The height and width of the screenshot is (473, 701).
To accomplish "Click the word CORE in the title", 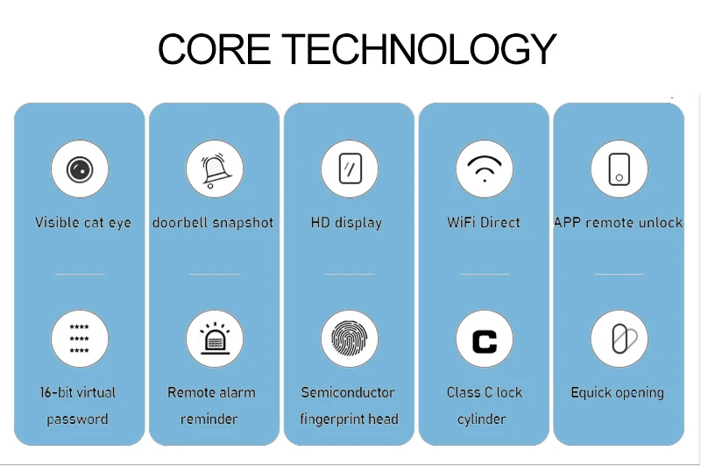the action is (x=214, y=49).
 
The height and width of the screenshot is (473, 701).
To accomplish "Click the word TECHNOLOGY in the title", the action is (x=419, y=49).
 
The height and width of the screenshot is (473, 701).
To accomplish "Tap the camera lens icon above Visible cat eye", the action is (x=80, y=169).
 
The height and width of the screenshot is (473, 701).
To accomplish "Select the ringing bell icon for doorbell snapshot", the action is (x=216, y=169).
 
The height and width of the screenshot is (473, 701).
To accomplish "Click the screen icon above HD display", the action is (x=350, y=168).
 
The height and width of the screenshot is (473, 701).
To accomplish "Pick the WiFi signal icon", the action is (x=485, y=168).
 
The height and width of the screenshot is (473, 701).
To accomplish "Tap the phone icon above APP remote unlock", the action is (x=620, y=169).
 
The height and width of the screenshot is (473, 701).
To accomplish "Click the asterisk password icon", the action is (x=79, y=339).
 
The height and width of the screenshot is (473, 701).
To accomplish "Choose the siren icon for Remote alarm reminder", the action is (x=215, y=338).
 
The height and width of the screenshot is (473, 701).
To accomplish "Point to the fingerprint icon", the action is (x=349, y=339).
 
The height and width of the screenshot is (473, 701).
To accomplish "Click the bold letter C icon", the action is (x=485, y=341).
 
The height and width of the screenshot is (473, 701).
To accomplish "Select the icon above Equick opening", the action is (x=624, y=339).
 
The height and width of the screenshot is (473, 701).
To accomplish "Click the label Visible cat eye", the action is (x=83, y=223).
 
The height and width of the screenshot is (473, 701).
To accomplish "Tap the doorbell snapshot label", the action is (x=213, y=223).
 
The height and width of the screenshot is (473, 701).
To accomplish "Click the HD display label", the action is (x=346, y=223).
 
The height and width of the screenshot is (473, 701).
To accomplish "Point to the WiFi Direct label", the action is (x=484, y=222).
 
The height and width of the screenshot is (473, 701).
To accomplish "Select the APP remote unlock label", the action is (x=619, y=222).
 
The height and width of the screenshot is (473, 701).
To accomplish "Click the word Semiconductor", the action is (x=348, y=392).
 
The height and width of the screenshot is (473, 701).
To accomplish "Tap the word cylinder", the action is (x=481, y=419).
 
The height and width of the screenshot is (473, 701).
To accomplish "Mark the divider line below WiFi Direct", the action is (x=485, y=274).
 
